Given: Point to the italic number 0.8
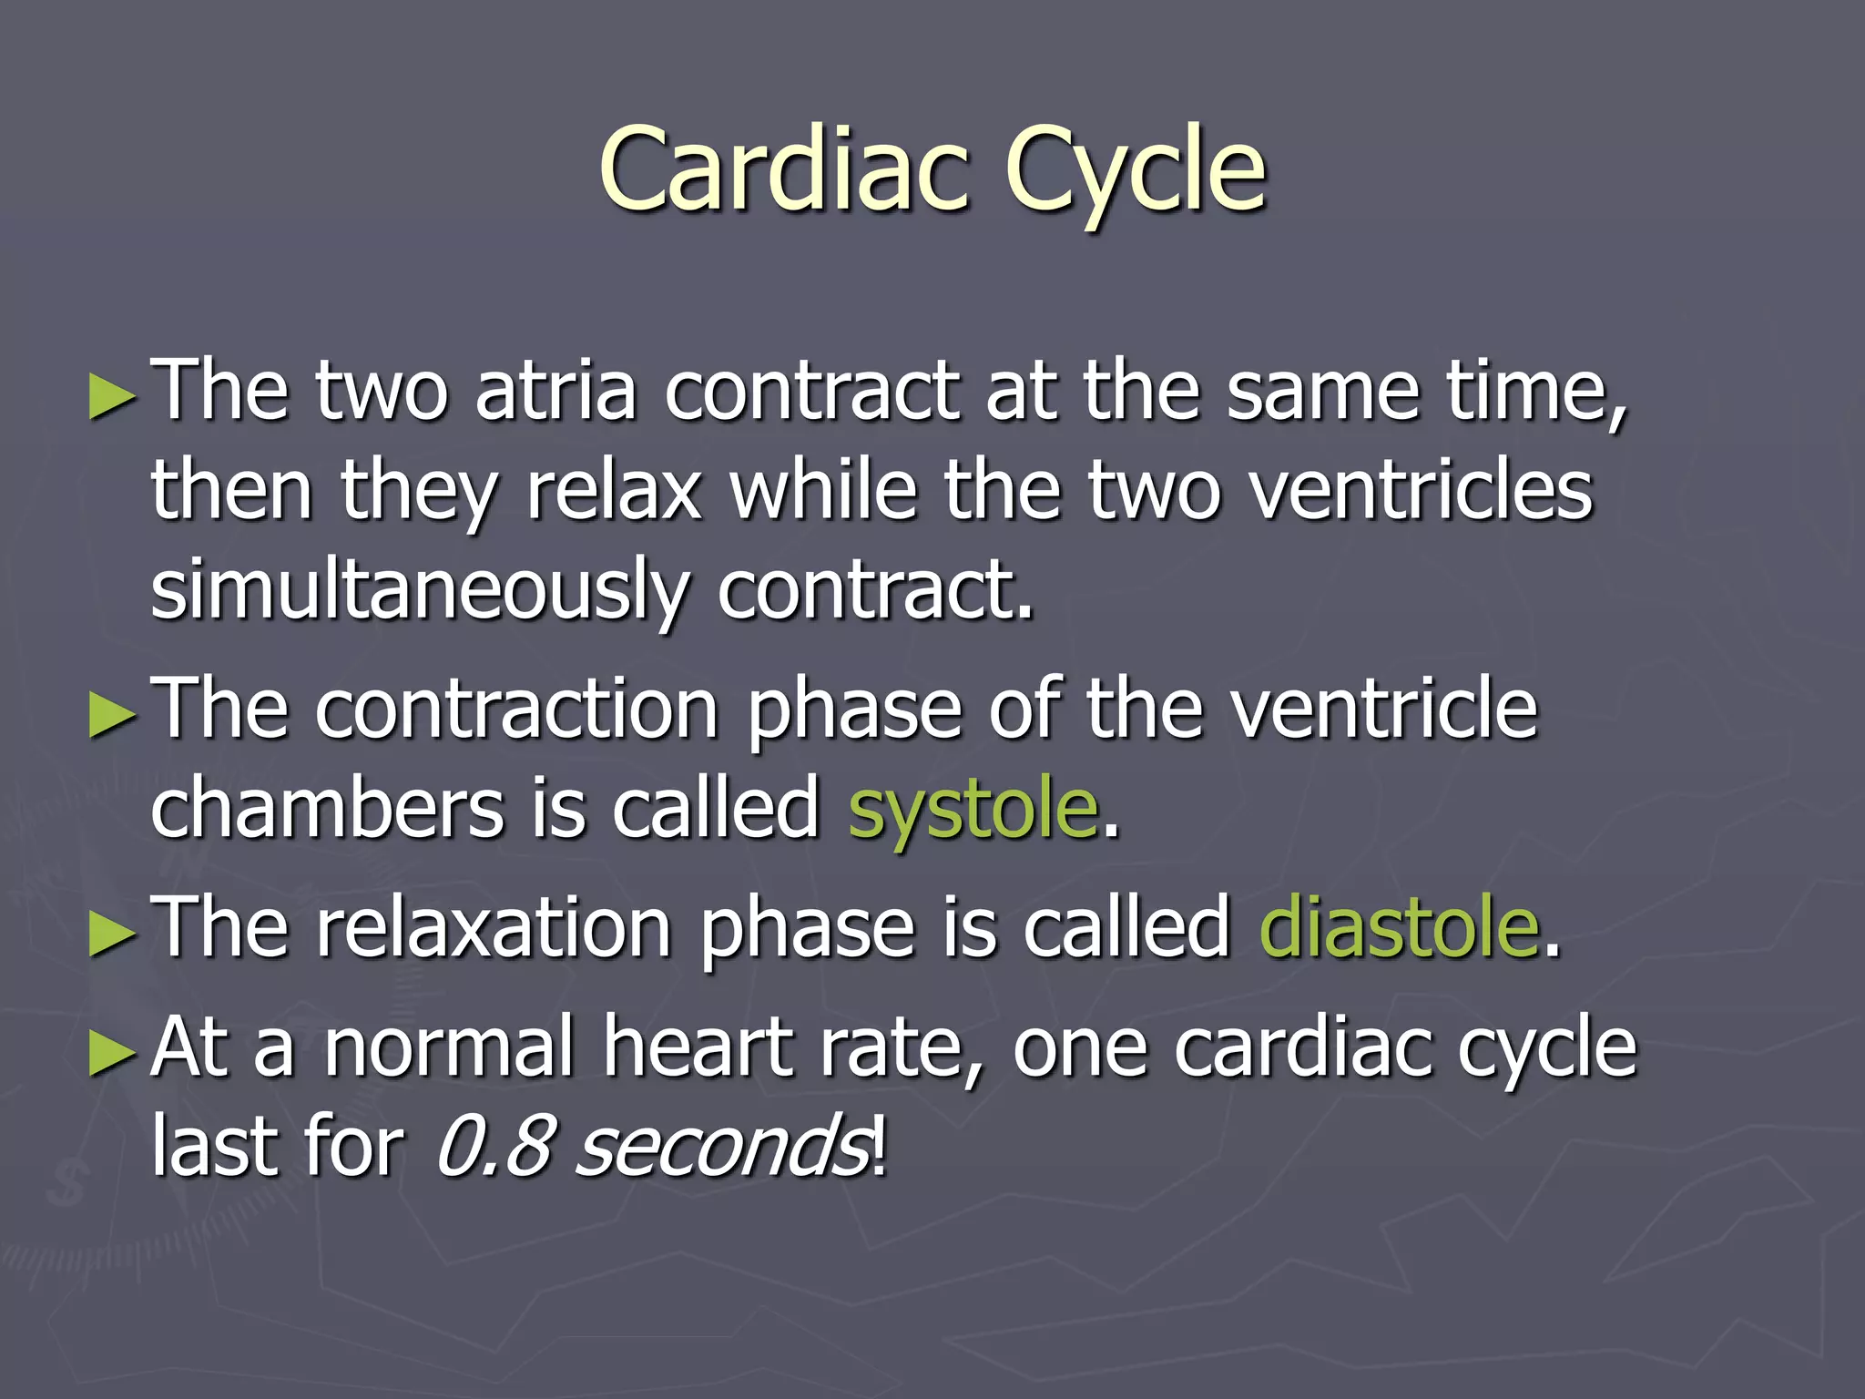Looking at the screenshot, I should tap(493, 1146).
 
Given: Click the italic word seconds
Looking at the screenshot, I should tap(723, 1146).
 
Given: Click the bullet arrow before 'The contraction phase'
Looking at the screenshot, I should tap(113, 715).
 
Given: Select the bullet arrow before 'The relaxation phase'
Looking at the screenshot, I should tap(113, 934).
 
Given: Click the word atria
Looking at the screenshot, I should tap(555, 392).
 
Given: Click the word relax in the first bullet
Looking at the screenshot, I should tap(614, 492).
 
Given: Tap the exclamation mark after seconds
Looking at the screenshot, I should tap(878, 1146).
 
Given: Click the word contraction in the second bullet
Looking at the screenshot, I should tap(517, 710).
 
